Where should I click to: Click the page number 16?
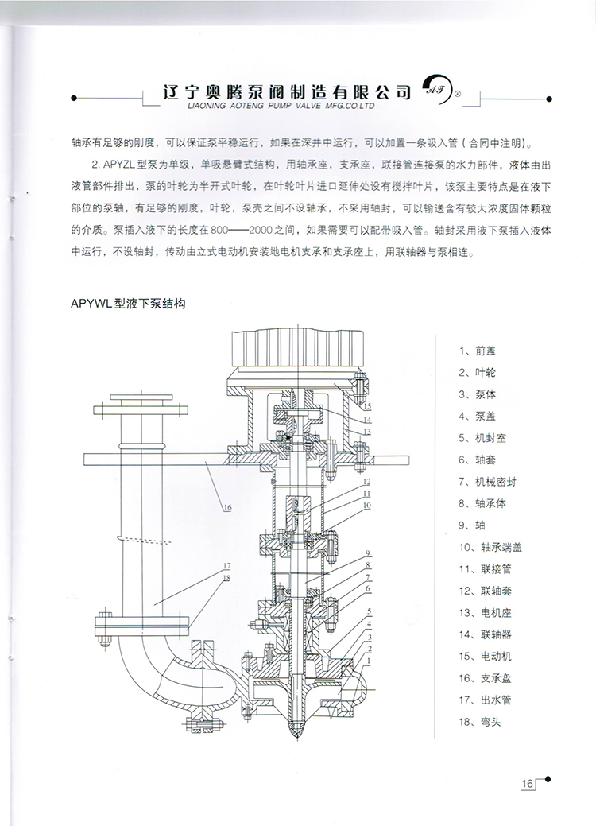click(527, 784)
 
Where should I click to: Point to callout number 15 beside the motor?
click(366, 406)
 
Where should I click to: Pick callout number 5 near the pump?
click(370, 610)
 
